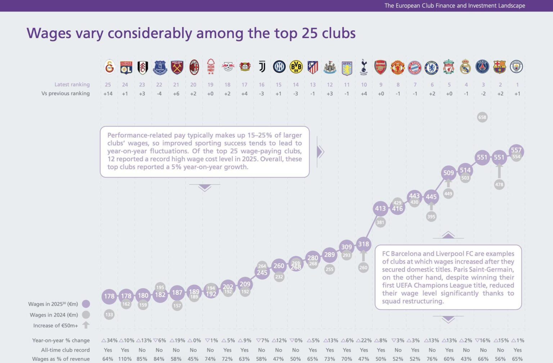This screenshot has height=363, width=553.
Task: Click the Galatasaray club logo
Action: tap(109, 67)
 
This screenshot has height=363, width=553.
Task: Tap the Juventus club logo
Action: tap(262, 67)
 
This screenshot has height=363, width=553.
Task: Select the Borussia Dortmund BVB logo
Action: tap(296, 67)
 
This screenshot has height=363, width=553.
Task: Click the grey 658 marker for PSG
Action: tap(482, 117)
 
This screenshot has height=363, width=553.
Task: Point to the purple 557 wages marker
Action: tap(516, 150)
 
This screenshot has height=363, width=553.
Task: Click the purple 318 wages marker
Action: tap(363, 244)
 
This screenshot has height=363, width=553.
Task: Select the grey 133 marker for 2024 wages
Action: tap(109, 314)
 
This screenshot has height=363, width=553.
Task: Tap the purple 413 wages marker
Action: tap(380, 209)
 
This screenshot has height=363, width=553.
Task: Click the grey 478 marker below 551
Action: tap(499, 184)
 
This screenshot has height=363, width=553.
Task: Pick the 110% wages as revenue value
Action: tap(125, 359)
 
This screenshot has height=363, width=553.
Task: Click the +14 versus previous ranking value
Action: tap(108, 94)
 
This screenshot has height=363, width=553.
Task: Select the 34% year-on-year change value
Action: tap(109, 340)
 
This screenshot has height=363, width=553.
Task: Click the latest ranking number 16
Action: tap(262, 85)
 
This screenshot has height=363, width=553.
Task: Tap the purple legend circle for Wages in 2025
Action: tap(86, 304)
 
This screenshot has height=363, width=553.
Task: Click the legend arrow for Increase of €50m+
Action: tap(86, 325)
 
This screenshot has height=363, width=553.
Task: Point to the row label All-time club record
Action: tap(65, 350)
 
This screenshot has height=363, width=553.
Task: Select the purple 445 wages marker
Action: tap(431, 197)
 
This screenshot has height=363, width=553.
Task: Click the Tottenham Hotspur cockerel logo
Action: tap(364, 67)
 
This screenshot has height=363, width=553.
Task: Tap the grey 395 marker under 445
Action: tap(431, 216)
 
